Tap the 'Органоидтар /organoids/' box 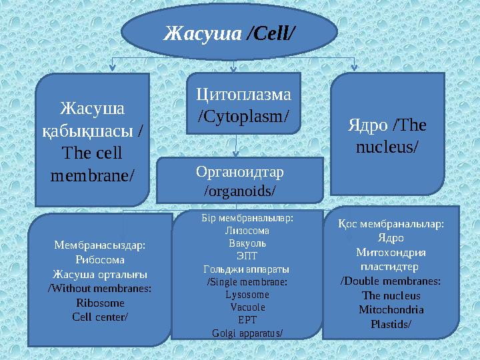click(239, 181)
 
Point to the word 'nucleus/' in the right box click(388, 145)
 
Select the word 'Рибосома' click(99, 259)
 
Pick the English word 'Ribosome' click(100, 302)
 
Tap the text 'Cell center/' click(100, 316)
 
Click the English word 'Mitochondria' click(391, 309)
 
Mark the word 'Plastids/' click(391, 324)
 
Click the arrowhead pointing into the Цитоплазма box click(233, 69)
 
